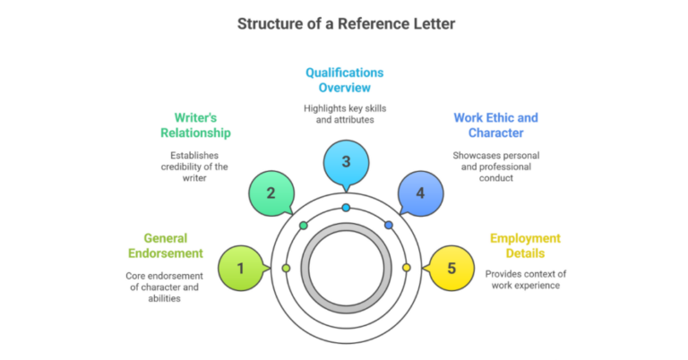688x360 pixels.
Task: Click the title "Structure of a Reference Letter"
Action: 345,23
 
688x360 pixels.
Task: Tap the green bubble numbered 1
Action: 240,268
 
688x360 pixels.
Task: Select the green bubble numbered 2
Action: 269,193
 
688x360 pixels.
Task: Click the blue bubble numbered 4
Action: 419,193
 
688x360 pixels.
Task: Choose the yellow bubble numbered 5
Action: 451,268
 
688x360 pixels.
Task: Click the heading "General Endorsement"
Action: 165,246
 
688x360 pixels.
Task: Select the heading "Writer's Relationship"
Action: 195,124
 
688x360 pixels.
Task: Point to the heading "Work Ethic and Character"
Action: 495,125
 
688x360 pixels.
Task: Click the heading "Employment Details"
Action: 525,246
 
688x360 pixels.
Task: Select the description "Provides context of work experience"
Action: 525,279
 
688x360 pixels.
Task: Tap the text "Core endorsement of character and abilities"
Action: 165,287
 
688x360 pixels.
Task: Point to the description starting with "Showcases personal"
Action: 495,167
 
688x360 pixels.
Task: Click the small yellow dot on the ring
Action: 406,268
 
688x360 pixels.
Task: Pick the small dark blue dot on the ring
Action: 388,225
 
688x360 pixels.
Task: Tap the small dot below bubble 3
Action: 346,208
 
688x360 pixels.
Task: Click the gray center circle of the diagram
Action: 345,268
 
